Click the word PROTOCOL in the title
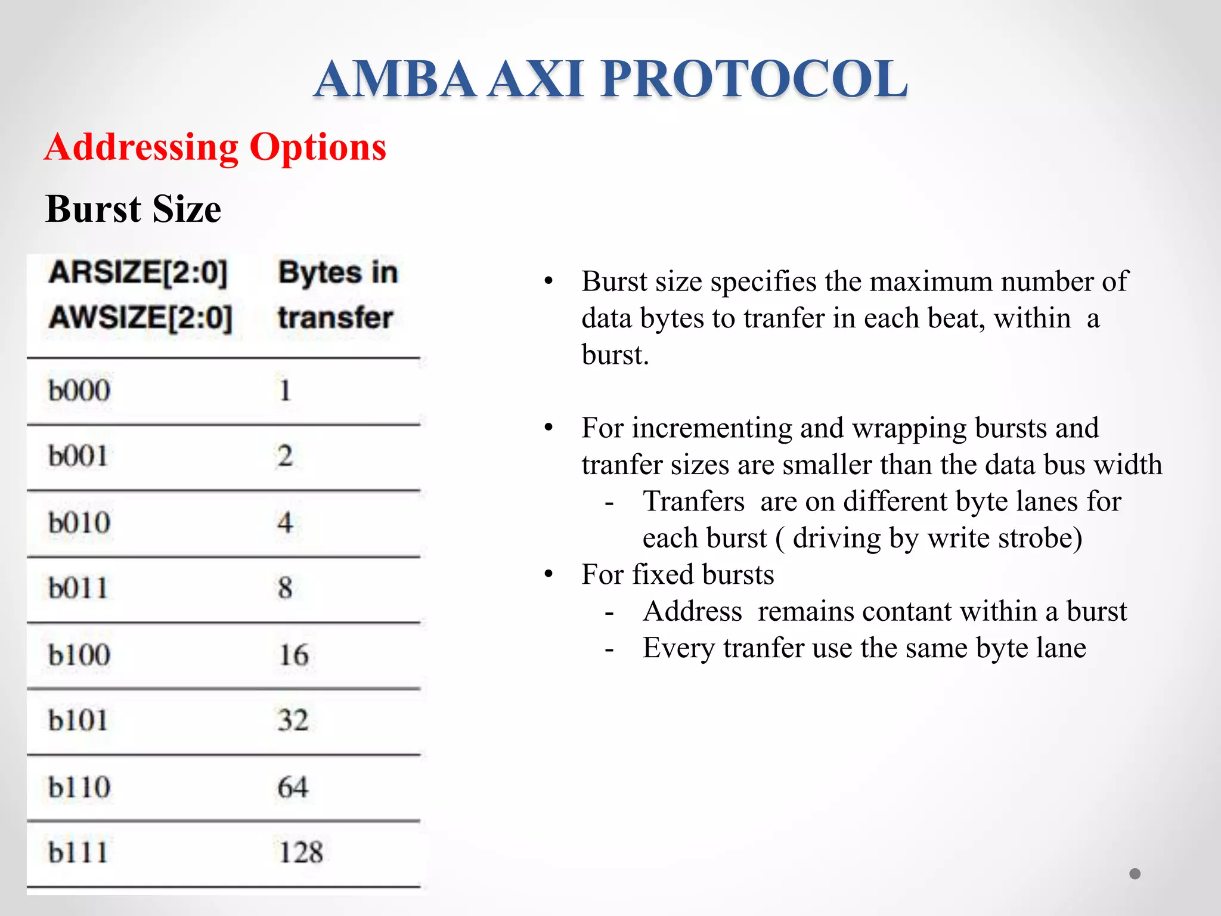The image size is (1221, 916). (754, 79)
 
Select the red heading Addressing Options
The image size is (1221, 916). (215, 147)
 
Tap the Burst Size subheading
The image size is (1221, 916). (133, 209)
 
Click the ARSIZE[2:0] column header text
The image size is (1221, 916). (138, 273)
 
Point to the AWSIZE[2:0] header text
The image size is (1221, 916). (141, 317)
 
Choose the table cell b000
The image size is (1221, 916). (79, 391)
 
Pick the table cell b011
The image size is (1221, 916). (78, 589)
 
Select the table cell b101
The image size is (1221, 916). (78, 720)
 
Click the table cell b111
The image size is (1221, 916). (78, 852)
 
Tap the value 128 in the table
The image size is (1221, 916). (301, 852)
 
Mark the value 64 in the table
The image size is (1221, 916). (293, 787)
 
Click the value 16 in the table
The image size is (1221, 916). (293, 655)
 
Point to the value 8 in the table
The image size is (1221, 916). (285, 589)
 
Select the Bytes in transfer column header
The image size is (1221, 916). (337, 295)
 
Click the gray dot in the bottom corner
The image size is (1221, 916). (1135, 874)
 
